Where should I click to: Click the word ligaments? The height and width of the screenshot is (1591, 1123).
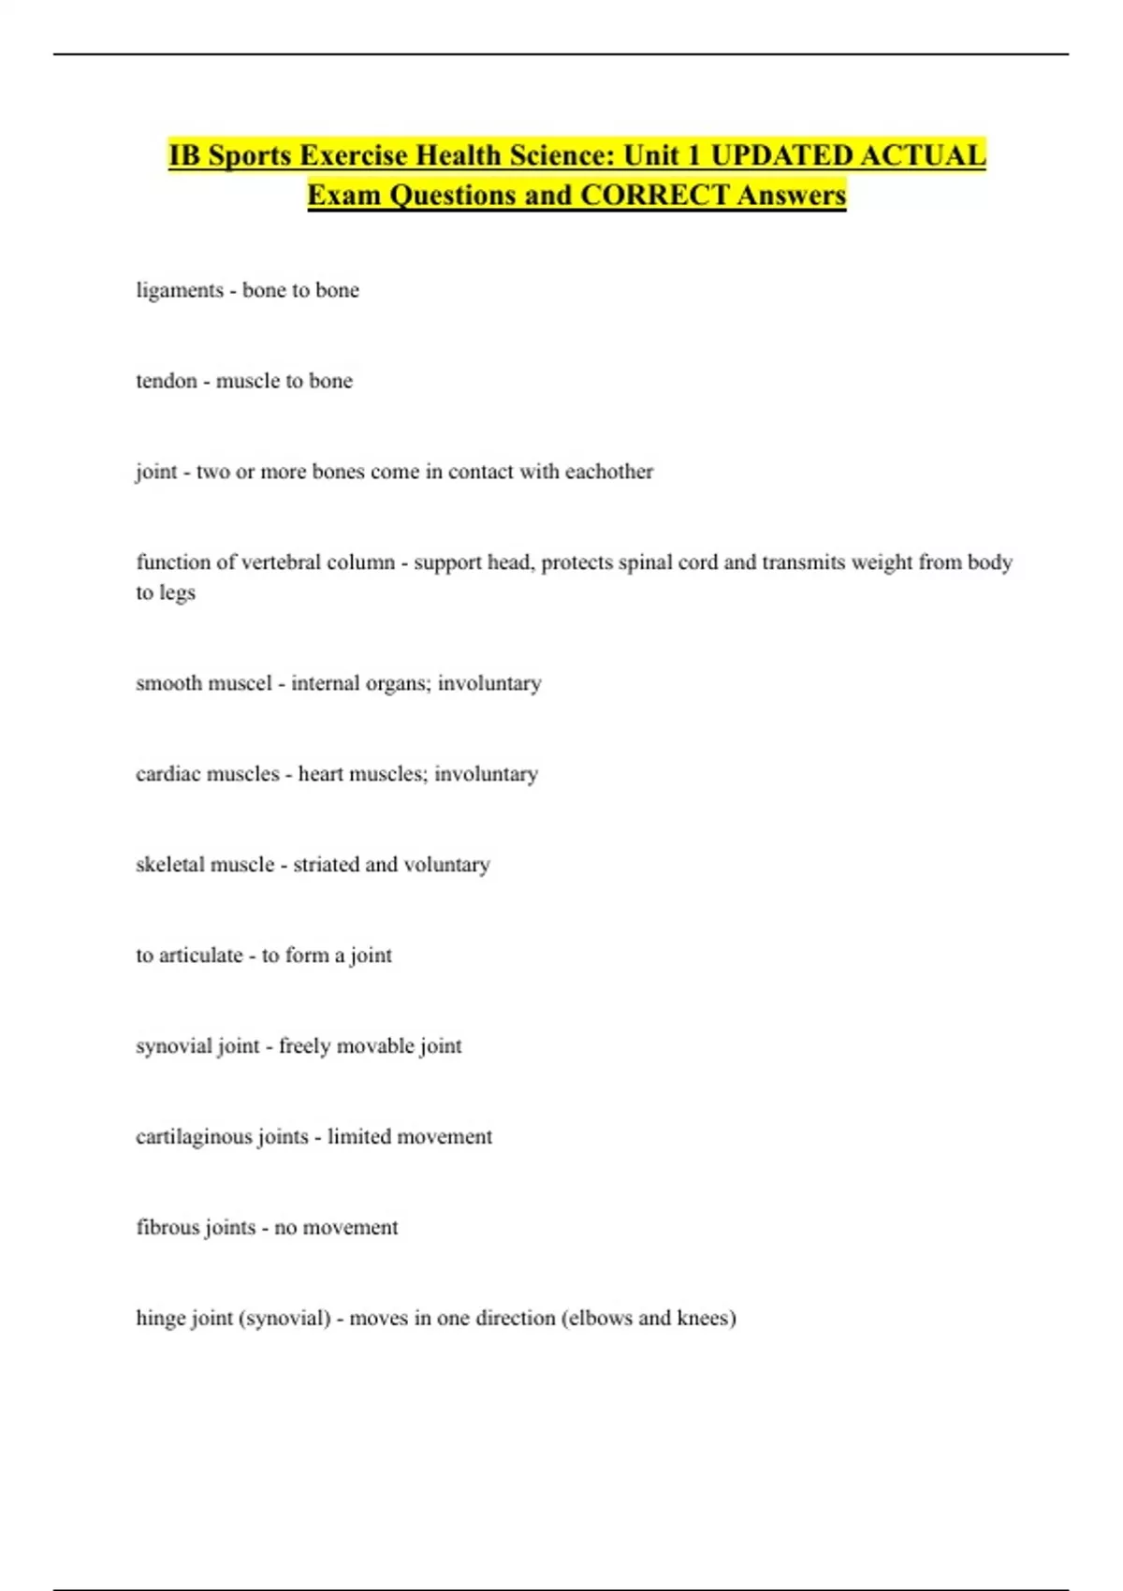[180, 291]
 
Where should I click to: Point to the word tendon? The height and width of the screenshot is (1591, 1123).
[167, 381]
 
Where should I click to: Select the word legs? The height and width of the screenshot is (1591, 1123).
[177, 593]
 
